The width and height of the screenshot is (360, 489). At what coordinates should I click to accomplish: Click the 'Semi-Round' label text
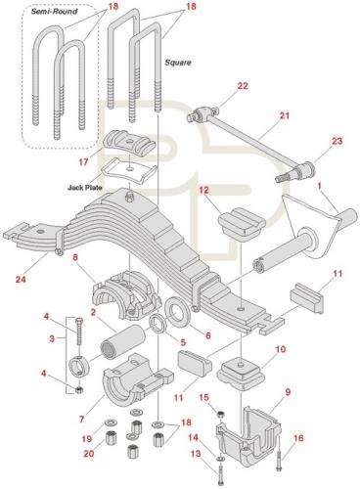click(x=54, y=12)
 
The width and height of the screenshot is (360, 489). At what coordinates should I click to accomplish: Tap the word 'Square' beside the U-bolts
click(x=178, y=63)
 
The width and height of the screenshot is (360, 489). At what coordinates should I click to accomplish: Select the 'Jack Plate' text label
click(x=85, y=188)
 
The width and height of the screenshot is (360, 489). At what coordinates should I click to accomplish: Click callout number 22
click(x=243, y=86)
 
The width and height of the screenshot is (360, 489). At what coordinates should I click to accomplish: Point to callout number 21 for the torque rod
click(x=285, y=115)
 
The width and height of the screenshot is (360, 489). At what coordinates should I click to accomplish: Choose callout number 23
click(x=337, y=141)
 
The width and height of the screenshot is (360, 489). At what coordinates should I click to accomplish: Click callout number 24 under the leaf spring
click(x=22, y=280)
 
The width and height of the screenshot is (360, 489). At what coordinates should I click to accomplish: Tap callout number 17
click(x=83, y=161)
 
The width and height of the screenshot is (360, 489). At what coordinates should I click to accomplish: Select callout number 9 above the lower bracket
click(x=288, y=392)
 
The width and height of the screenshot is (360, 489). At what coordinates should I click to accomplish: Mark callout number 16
click(x=298, y=438)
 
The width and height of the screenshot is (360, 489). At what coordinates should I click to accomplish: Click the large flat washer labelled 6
click(x=178, y=314)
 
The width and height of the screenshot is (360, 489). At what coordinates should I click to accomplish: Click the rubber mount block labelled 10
click(x=240, y=374)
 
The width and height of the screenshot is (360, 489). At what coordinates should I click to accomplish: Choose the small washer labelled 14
click(x=220, y=459)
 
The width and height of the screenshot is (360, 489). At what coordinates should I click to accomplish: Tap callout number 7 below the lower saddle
click(x=81, y=419)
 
